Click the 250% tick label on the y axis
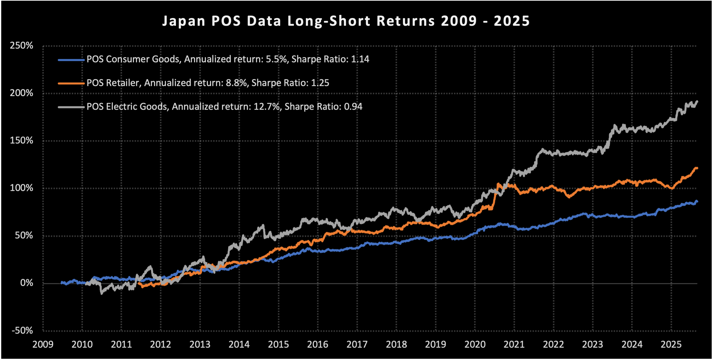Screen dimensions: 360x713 (x=21, y=46)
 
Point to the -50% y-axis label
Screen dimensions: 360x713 (x=22, y=331)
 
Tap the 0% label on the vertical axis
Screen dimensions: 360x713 (x=27, y=283)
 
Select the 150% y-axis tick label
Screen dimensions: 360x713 (x=21, y=141)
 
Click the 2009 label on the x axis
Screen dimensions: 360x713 (x=43, y=345)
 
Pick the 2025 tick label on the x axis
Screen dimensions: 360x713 (x=671, y=345)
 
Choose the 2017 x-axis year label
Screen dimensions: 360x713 (x=357, y=345)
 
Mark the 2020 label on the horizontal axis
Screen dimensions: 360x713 (x=475, y=345)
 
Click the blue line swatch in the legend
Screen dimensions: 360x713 (x=71, y=60)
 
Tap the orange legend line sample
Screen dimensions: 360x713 (x=71, y=83)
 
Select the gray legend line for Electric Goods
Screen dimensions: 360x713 (x=71, y=107)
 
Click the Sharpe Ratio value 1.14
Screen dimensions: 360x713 (x=360, y=59)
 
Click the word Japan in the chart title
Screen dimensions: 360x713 (x=184, y=21)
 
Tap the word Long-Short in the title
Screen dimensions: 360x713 (x=329, y=21)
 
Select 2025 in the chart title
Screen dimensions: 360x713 (x=512, y=21)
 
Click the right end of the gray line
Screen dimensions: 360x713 (x=697, y=101)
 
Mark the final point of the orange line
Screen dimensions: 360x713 (x=697, y=168)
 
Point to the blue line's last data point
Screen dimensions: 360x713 (x=697, y=201)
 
